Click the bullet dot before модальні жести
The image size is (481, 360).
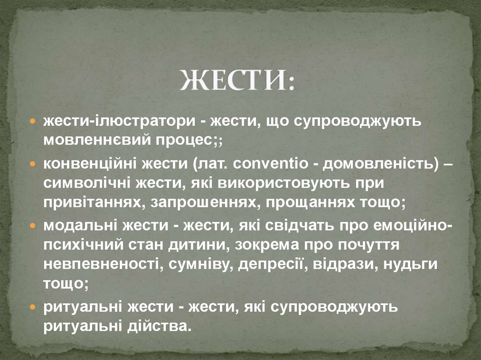[x=33, y=226]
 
